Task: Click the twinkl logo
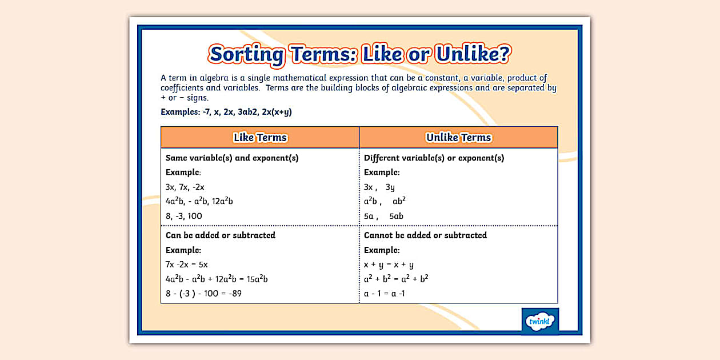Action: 541,321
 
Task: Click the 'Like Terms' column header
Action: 260,138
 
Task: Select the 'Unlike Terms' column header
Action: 458,138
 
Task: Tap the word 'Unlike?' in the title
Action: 473,54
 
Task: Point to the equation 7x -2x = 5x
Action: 187,265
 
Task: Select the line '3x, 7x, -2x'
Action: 185,187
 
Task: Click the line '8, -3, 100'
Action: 184,216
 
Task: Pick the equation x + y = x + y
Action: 389,265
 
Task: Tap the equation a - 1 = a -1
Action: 385,294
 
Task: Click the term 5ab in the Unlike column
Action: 396,216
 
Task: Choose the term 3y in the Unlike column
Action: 390,187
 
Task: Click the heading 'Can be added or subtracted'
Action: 221,235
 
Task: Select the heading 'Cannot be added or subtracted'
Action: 425,235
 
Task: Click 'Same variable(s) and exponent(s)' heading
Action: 232,158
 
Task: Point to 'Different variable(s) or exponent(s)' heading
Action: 434,158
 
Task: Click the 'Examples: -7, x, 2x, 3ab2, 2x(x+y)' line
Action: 226,112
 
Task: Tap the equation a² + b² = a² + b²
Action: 396,279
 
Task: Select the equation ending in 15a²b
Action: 217,279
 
